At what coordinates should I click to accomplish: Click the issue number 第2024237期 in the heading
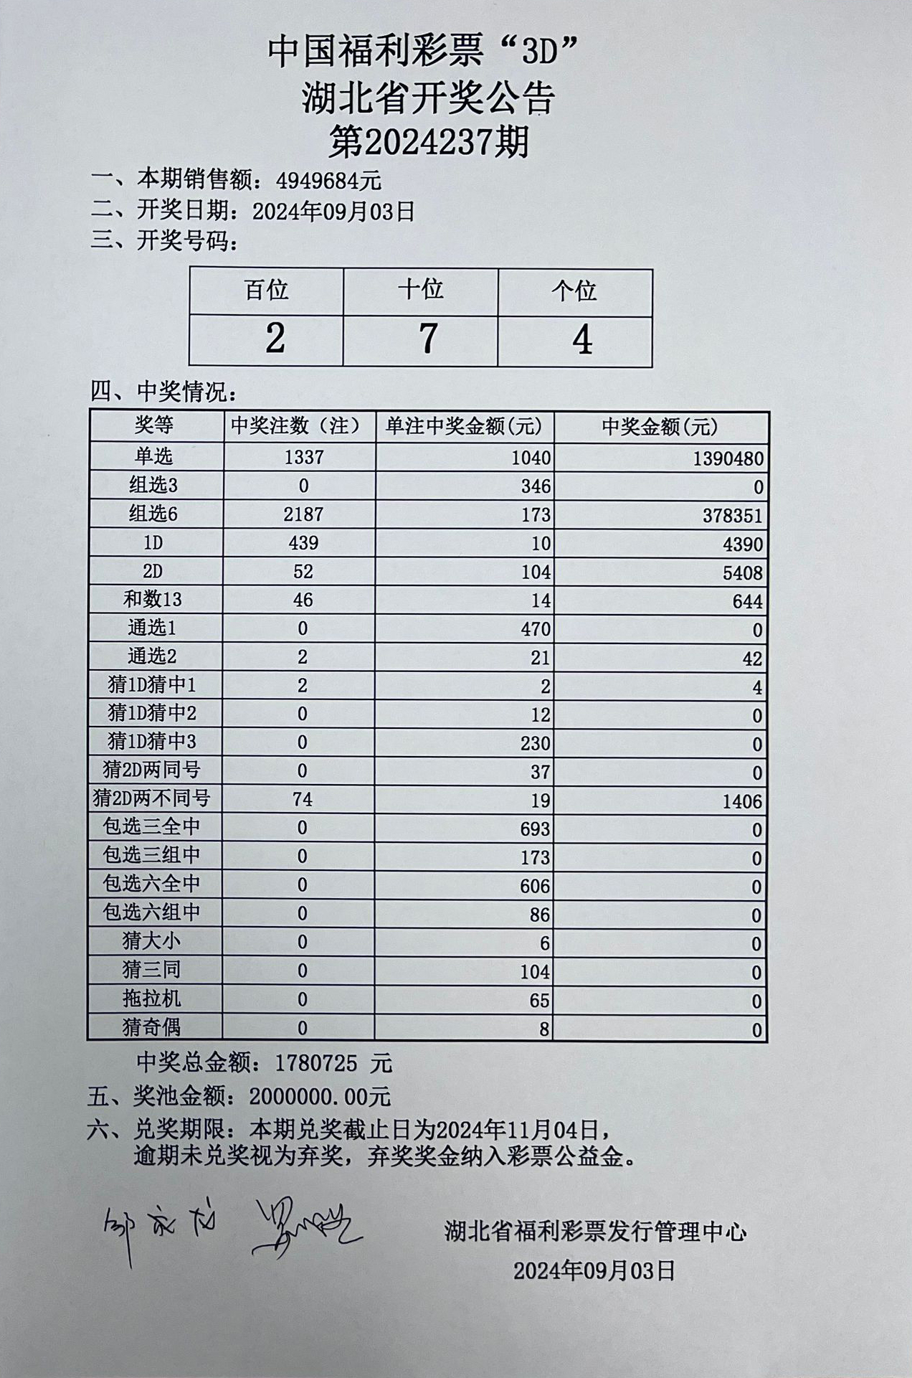coord(428,141)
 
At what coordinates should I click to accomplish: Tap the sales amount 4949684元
coord(329,180)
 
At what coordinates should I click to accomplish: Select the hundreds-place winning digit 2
coord(275,339)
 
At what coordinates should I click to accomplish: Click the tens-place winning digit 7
coord(427,339)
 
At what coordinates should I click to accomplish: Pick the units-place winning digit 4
coord(581,340)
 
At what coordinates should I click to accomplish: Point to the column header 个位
coord(574,291)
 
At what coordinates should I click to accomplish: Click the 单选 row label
coord(153,456)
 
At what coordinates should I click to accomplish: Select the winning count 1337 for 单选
coord(303,457)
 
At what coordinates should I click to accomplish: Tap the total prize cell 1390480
coord(728,458)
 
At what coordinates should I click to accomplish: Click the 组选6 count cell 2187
coord(303,514)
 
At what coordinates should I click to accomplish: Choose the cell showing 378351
coord(733,516)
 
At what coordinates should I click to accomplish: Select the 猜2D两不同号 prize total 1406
coord(742,801)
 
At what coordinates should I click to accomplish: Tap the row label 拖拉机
coord(151,999)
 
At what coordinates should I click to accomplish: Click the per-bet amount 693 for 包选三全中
coord(535,829)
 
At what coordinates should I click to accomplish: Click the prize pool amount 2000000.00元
coord(320,1096)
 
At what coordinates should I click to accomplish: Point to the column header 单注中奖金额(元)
coord(464,427)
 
